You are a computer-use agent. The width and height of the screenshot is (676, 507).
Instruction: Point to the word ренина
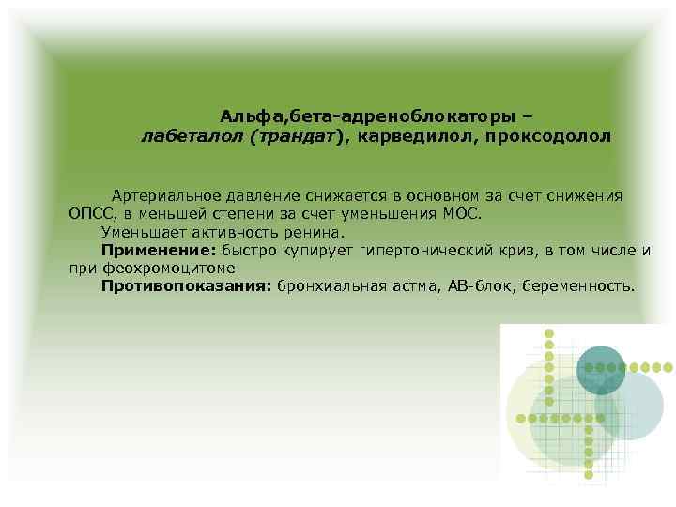tap(316, 231)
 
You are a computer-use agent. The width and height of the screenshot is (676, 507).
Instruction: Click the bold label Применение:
tap(159, 249)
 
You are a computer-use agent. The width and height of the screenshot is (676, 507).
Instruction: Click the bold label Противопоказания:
tap(186, 284)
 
